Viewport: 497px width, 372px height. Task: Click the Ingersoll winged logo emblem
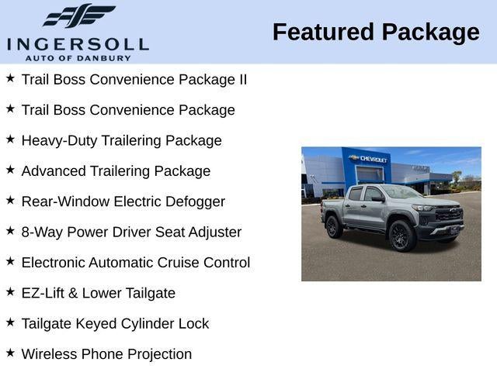click(x=78, y=15)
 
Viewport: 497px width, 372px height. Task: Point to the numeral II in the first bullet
click(x=241, y=79)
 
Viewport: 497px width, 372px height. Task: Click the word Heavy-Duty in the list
click(x=57, y=140)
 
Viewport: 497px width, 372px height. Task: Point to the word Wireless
click(x=49, y=354)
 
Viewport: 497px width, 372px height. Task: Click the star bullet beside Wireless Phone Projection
click(x=10, y=353)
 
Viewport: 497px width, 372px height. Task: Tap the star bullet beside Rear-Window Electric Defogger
click(x=10, y=200)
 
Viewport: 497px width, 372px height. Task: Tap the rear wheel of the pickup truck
click(x=334, y=227)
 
